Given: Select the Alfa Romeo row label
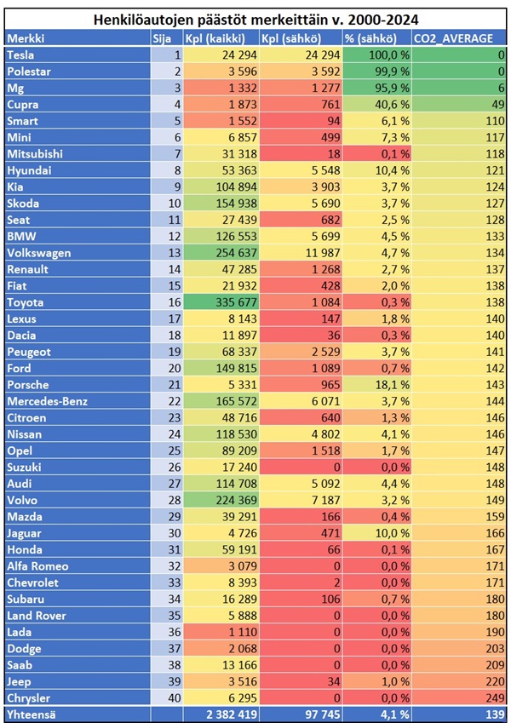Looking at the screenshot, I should pyautogui.click(x=37, y=566).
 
